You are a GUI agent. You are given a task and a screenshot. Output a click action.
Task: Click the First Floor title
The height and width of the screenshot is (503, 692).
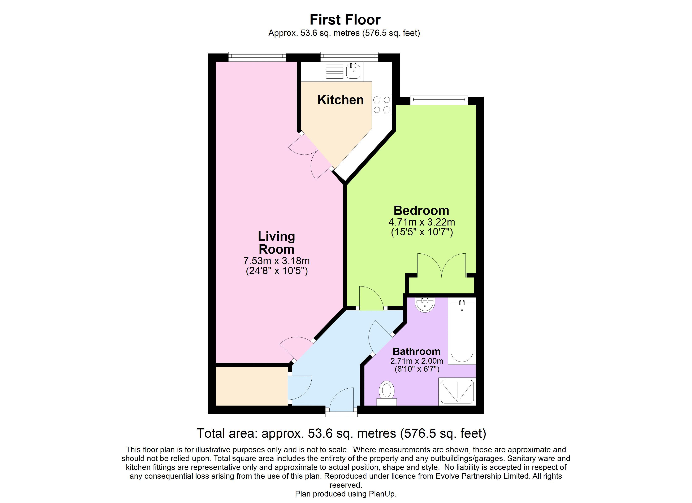pos(345,20)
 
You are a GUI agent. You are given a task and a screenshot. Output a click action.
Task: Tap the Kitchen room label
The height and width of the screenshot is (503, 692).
pos(341,100)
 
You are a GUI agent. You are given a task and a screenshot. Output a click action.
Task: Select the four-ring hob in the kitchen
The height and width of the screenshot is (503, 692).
pos(382,105)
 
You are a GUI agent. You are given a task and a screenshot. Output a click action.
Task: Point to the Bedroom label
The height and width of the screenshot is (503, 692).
pos(421,210)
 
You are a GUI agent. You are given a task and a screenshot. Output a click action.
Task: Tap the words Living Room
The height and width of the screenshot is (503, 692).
pos(276,243)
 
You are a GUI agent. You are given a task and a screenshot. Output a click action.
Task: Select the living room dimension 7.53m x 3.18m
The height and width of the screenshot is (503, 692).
pos(276,261)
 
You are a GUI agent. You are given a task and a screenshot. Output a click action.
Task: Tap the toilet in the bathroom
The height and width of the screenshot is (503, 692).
pos(387,392)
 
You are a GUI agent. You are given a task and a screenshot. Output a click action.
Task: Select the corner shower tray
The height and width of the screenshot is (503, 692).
pos(457,392)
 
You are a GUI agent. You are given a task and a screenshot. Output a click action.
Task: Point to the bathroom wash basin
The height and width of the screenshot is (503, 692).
pos(425,305)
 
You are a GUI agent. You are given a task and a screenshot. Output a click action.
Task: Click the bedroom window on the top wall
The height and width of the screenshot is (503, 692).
pos(439,100)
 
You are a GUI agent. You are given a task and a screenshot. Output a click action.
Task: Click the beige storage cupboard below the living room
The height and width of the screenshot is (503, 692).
pos(252,386)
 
